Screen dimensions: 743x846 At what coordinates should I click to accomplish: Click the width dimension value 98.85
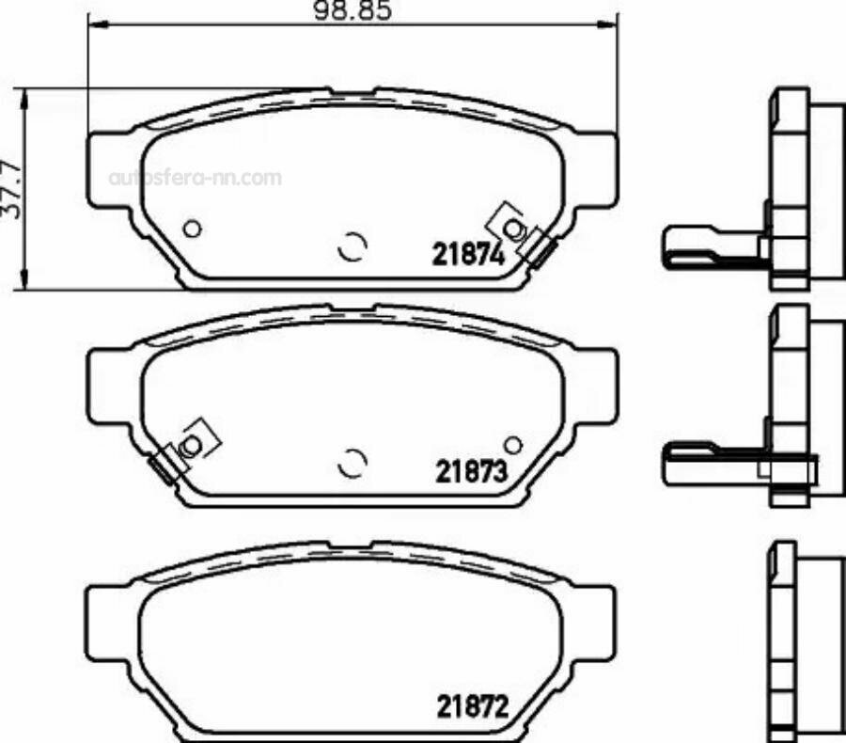pyautogui.click(x=353, y=11)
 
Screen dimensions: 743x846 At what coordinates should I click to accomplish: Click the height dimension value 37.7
pyautogui.click(x=12, y=189)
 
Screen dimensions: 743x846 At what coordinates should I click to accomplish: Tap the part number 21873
pyautogui.click(x=471, y=471)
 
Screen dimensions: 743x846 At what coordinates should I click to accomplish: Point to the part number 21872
pyautogui.click(x=471, y=704)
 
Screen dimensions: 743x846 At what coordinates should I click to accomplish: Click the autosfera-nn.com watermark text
pyautogui.click(x=196, y=177)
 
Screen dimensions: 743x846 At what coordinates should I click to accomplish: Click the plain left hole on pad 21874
pyautogui.click(x=192, y=228)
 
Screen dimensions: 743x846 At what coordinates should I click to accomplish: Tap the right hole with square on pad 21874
pyautogui.click(x=512, y=228)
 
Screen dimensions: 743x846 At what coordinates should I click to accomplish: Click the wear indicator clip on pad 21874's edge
pyautogui.click(x=540, y=247)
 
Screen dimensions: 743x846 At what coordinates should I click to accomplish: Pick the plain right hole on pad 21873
pyautogui.click(x=512, y=445)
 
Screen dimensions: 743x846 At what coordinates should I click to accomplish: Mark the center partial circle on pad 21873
pyautogui.click(x=352, y=462)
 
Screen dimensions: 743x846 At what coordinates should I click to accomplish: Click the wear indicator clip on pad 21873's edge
pyautogui.click(x=166, y=465)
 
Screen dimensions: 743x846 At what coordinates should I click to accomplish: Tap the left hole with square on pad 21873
pyautogui.click(x=192, y=445)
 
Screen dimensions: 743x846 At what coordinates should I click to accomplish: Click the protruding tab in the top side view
pyautogui.click(x=710, y=247)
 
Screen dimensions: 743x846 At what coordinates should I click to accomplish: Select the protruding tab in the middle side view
pyautogui.click(x=710, y=464)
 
